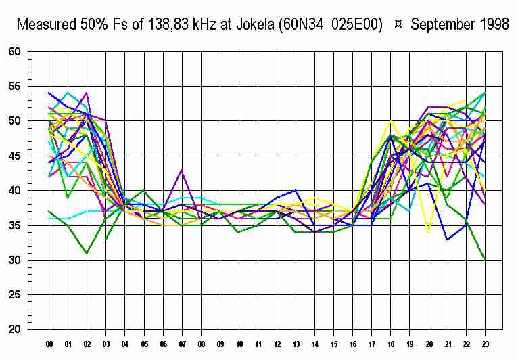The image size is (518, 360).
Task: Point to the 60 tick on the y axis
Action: pyautogui.click(x=16, y=51)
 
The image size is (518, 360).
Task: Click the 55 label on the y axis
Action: pyautogui.click(x=16, y=87)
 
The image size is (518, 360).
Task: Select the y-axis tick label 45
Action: pyautogui.click(x=16, y=156)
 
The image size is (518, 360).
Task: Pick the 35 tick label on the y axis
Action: pyautogui.click(x=16, y=225)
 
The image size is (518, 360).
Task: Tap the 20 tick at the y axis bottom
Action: pyautogui.click(x=16, y=330)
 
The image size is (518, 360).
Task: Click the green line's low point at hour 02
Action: pyautogui.click(x=87, y=253)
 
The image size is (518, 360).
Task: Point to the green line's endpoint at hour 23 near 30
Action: pyautogui.click(x=484, y=260)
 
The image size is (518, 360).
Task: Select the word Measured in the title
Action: pyautogui.click(x=45, y=25)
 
